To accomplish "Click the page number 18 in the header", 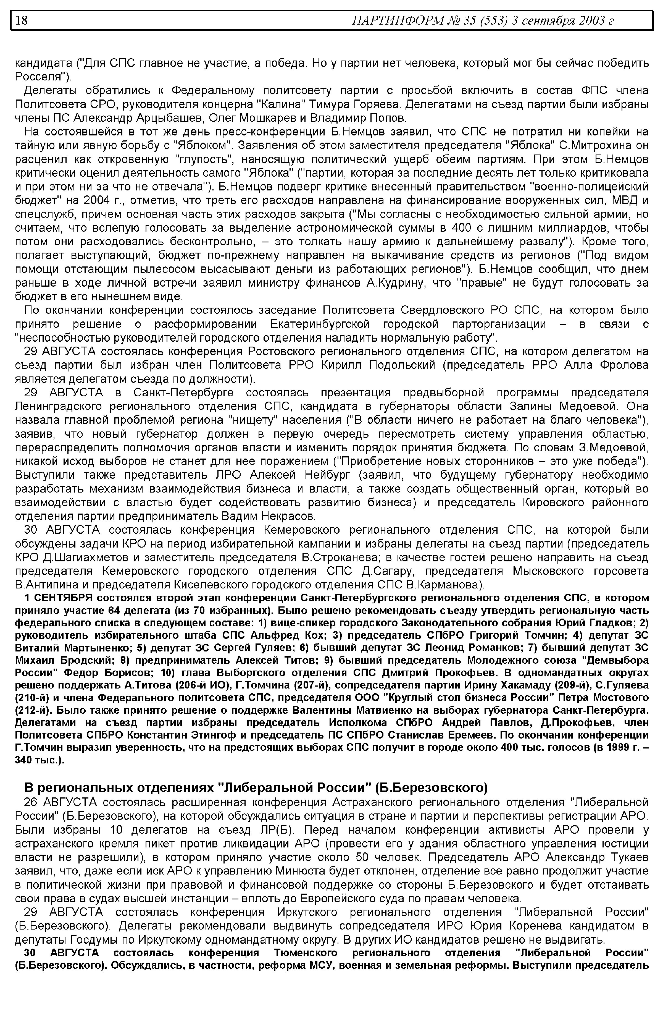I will coord(22,20).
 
